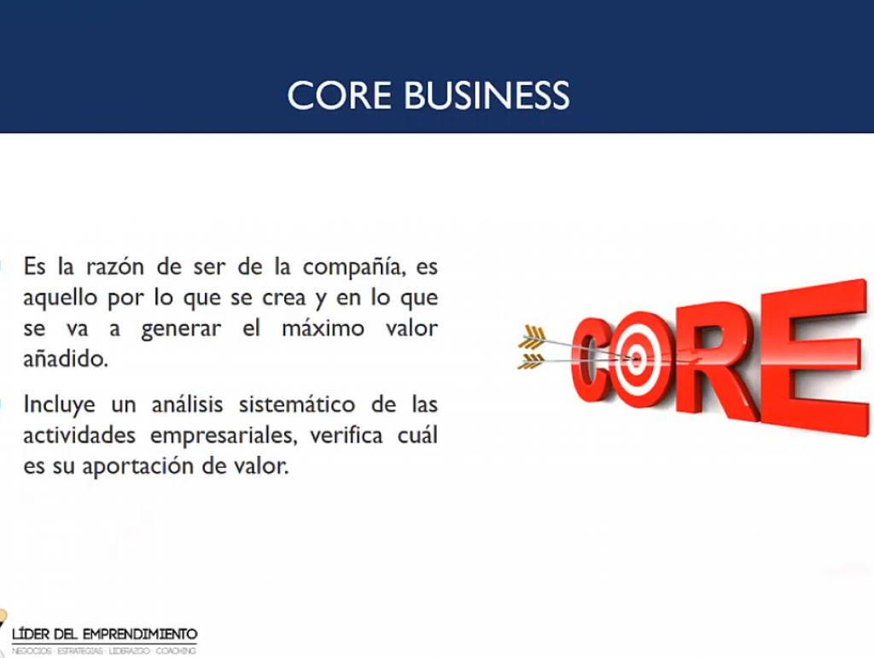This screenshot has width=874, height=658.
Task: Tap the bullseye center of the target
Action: [635, 358]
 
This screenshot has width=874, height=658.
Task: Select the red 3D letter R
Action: [715, 358]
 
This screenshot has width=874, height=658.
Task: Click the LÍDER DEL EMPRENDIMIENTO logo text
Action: [105, 634]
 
